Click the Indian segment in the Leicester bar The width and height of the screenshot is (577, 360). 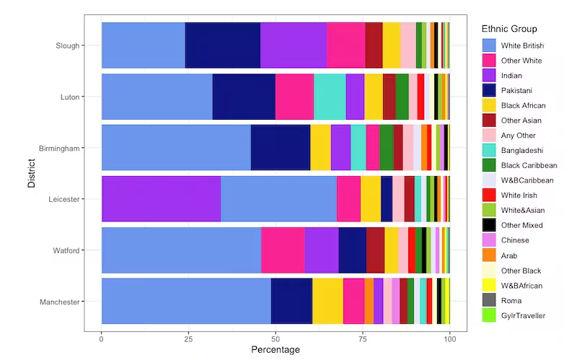click(x=161, y=198)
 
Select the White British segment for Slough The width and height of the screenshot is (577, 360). click(x=143, y=45)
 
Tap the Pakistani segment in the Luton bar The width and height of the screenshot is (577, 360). click(x=244, y=96)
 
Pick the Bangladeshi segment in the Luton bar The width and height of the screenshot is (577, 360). click(x=330, y=96)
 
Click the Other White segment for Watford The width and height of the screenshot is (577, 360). click(x=283, y=250)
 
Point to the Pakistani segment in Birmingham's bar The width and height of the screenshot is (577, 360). click(x=280, y=147)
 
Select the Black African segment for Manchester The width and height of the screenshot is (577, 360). click(x=327, y=301)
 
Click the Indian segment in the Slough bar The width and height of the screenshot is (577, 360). click(x=294, y=45)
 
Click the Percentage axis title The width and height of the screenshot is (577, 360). click(x=275, y=350)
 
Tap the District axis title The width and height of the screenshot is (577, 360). click(x=31, y=173)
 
